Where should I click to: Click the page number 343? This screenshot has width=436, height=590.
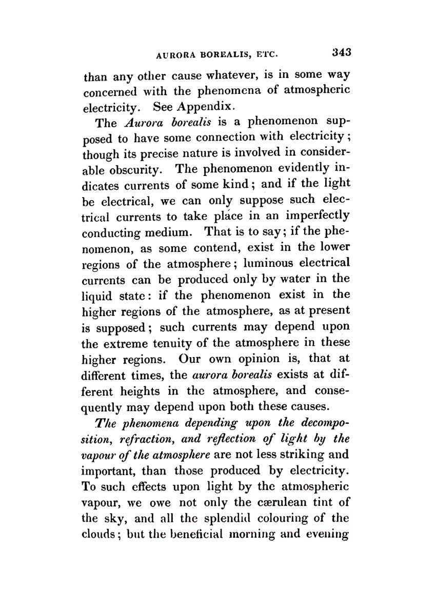pyautogui.click(x=341, y=52)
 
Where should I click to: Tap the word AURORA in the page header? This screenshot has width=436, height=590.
pyautogui.click(x=177, y=54)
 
